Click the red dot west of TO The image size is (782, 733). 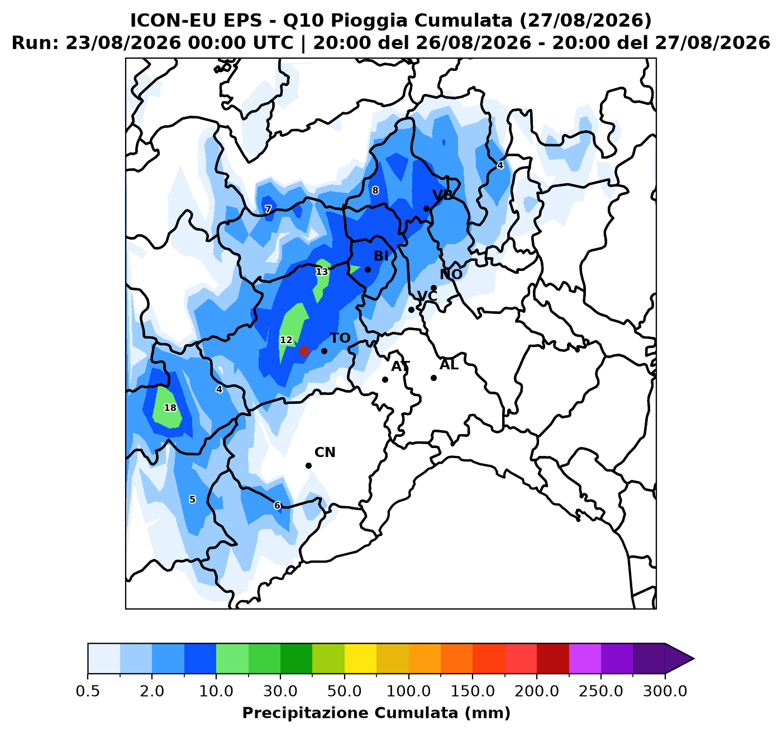tap(304, 351)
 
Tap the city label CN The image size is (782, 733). tap(325, 453)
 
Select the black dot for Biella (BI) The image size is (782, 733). tap(368, 269)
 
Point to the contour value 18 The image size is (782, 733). tap(170, 408)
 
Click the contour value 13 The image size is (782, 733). tap(322, 272)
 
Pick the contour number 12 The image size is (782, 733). tap(286, 340)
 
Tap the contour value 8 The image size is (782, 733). tap(375, 191)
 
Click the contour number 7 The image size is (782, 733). tap(268, 209)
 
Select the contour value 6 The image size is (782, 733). tap(277, 506)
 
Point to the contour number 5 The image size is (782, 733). tap(192, 499)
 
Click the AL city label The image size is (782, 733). tap(449, 365)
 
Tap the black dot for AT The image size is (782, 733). tap(385, 380)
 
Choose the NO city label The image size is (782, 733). tap(451, 274)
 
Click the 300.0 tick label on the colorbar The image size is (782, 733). tap(665, 691)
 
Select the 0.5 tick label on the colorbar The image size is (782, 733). tap(88, 691)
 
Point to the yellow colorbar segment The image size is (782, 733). tap(360, 659)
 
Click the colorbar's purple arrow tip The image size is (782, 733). tap(694, 659)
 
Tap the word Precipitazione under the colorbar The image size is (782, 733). tap(306, 713)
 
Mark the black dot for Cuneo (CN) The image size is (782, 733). tap(309, 465)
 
